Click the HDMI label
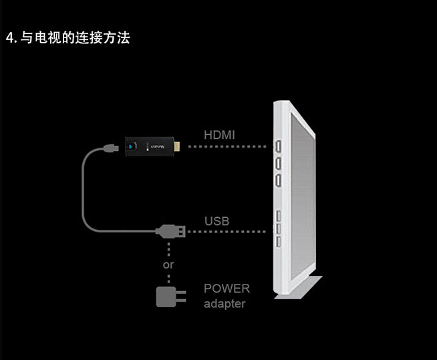point(219,135)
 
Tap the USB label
point(216,220)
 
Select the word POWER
point(227,289)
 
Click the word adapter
point(225,304)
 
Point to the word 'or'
point(168,264)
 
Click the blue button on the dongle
point(133,146)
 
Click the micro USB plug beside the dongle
point(109,148)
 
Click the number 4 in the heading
point(9,38)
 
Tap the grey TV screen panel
point(301,194)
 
